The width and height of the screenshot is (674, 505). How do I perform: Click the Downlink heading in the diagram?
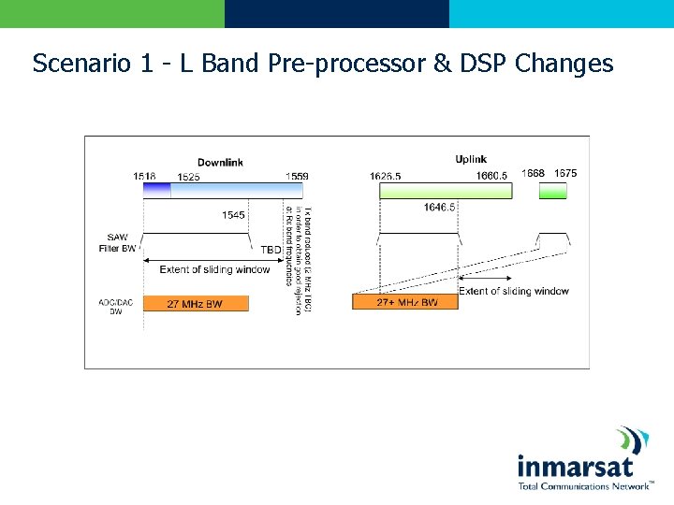click(x=220, y=162)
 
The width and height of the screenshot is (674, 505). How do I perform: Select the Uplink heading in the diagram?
click(x=471, y=160)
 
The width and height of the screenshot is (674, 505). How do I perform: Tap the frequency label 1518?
click(x=144, y=176)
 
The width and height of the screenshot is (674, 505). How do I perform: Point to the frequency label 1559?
click(x=297, y=176)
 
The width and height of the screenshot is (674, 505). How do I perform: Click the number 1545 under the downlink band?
click(x=233, y=215)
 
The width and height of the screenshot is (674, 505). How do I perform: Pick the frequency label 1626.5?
click(x=387, y=176)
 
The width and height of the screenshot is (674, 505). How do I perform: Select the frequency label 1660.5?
click(x=491, y=176)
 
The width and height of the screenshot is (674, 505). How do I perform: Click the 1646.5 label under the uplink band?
click(x=439, y=207)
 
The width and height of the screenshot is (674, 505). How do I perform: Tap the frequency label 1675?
click(x=565, y=173)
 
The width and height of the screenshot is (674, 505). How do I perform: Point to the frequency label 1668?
click(x=533, y=173)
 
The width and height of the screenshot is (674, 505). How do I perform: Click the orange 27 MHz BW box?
click(x=196, y=303)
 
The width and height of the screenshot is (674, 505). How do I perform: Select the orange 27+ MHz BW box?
click(x=405, y=302)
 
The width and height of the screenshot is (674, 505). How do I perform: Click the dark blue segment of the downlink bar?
click(x=157, y=190)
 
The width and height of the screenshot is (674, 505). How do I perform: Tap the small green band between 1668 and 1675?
click(x=553, y=191)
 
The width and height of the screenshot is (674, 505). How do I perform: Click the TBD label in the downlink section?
click(x=271, y=251)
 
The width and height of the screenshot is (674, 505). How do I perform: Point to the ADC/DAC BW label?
click(x=111, y=306)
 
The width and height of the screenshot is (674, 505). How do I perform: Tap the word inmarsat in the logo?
click(x=575, y=467)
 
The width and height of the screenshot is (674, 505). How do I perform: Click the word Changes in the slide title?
click(x=564, y=64)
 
